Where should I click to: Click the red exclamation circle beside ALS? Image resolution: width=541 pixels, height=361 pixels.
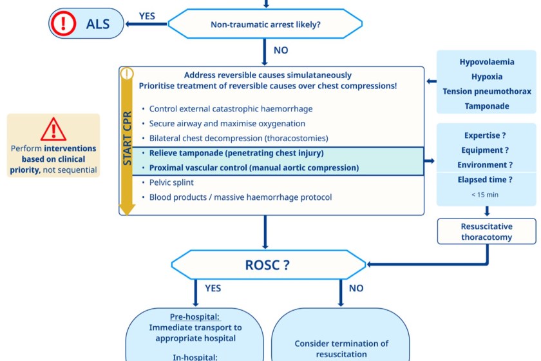tap(63, 24)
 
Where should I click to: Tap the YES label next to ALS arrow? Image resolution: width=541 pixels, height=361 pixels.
tap(147, 16)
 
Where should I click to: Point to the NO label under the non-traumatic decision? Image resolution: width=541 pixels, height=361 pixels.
tap(281, 50)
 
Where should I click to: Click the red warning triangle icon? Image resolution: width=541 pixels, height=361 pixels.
tap(53, 131)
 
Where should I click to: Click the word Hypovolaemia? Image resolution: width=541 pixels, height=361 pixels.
tap(487, 63)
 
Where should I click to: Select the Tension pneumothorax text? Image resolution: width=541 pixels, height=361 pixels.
tap(487, 92)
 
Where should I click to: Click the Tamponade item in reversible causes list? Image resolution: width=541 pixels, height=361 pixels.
tap(487, 106)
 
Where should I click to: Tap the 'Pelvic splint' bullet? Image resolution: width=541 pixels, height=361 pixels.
tap(171, 182)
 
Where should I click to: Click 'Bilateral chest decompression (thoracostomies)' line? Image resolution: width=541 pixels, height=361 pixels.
tap(239, 139)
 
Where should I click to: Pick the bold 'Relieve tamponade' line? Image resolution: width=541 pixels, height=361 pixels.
tap(236, 153)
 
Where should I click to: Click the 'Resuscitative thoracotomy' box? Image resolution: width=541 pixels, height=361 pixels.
tap(487, 231)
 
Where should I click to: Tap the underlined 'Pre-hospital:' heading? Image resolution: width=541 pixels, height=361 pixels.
tap(195, 317)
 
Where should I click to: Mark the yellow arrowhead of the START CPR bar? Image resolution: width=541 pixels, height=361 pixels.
tap(127, 208)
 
